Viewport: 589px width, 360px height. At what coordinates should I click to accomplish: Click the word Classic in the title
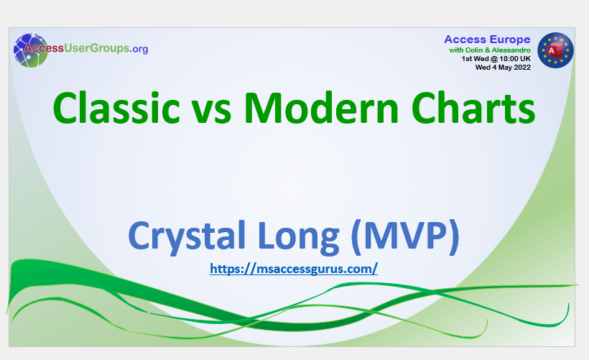(116, 108)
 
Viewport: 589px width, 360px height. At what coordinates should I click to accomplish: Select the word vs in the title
(212, 112)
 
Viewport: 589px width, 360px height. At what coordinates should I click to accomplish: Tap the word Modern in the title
(321, 108)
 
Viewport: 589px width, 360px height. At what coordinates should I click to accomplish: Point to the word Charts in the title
(473, 108)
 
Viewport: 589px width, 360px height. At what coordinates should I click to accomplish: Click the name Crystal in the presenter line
(187, 236)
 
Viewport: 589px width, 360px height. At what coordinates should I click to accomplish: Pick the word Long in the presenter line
(299, 236)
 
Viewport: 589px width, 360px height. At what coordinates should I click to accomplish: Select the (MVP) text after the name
(405, 236)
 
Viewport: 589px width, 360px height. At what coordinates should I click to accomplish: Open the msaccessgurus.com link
(294, 269)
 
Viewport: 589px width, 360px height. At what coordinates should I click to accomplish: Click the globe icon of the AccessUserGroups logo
(31, 50)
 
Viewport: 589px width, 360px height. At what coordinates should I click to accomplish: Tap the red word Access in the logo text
(44, 48)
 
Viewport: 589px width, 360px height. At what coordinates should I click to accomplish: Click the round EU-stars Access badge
(555, 50)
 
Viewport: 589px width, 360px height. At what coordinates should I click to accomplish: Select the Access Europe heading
(487, 40)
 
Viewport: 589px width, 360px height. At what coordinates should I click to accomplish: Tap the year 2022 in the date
(522, 68)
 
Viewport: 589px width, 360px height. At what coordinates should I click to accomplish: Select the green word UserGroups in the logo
(96, 48)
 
